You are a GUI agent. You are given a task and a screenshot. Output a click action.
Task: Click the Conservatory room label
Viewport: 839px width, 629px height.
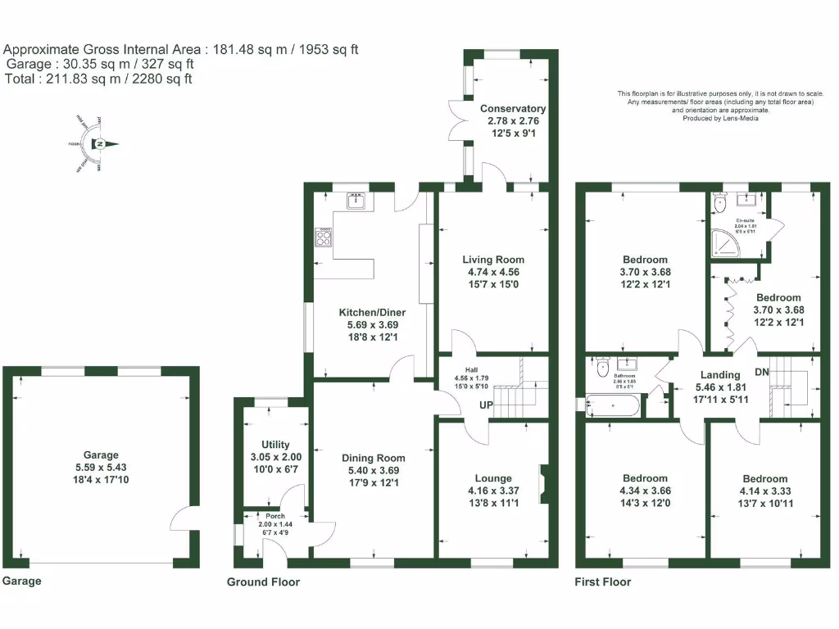pyautogui.click(x=513, y=108)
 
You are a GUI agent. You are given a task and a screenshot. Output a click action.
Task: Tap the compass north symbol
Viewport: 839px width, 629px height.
pyautogui.click(x=100, y=145)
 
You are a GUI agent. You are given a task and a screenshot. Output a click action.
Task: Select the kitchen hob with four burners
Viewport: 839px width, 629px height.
pyautogui.click(x=324, y=239)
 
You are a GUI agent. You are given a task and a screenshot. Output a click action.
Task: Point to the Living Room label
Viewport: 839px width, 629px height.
pyautogui.click(x=492, y=260)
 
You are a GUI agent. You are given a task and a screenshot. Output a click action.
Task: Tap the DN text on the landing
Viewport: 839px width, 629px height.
pyautogui.click(x=762, y=372)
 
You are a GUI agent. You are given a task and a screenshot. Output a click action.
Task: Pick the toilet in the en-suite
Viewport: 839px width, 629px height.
pyautogui.click(x=719, y=201)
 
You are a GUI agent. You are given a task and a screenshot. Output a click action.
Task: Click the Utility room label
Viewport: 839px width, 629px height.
pyautogui.click(x=270, y=445)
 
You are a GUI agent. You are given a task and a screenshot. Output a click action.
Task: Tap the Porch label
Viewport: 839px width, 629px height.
pyautogui.click(x=275, y=516)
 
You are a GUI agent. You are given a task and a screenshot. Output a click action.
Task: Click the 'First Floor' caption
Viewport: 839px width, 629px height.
pyautogui.click(x=603, y=582)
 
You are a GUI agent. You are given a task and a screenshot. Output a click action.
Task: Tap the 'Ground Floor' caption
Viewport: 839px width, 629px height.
pyautogui.click(x=263, y=582)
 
